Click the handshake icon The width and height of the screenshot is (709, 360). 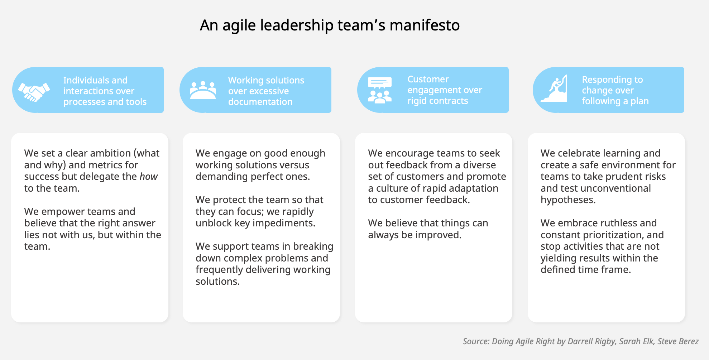point(34,92)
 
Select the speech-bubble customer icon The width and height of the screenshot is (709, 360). point(379,90)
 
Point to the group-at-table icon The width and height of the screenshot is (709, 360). point(203,90)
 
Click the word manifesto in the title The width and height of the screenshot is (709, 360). point(425,25)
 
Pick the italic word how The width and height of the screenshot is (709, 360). point(149,177)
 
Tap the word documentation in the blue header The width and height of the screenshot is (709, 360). point(260,102)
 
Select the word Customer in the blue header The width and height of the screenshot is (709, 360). point(428,79)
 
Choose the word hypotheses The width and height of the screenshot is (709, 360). point(568,200)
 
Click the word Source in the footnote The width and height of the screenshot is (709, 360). point(476,341)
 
